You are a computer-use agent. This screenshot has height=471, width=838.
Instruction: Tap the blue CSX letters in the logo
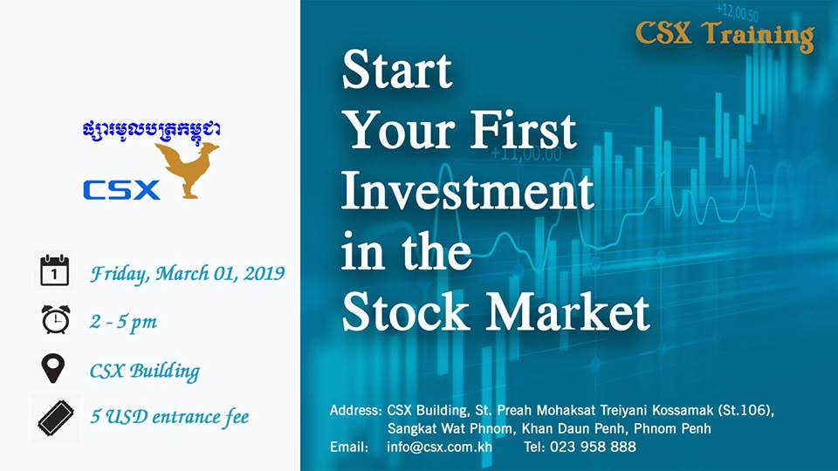pos(121,190)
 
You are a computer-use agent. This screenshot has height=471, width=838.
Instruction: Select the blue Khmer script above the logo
pos(152,131)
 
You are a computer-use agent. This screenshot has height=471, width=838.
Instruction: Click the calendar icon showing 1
pos(54,270)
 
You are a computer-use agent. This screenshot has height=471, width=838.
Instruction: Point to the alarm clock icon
pos(56,319)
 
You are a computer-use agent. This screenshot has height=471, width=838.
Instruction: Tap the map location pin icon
pos(53,368)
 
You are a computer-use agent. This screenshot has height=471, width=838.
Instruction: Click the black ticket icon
pos(56,418)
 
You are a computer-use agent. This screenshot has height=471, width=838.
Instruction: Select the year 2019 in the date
pos(264,273)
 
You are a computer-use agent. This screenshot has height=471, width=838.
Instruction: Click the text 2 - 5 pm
pos(123,322)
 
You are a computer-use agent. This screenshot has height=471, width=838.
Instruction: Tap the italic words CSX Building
pos(145,372)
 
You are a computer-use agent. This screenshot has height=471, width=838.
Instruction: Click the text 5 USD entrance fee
pos(169,417)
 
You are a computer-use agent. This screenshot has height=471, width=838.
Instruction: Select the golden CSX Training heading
pos(725,35)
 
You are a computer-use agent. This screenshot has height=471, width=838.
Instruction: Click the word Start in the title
pos(397,70)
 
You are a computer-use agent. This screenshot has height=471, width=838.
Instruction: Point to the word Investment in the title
pos(468,191)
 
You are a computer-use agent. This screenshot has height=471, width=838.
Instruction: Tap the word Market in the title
pos(567,312)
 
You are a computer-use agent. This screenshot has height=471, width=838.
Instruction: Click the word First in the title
pos(523,130)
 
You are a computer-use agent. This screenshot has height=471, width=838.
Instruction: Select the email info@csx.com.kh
pos(439,447)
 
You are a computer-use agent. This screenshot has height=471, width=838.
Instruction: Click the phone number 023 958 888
pos(593,447)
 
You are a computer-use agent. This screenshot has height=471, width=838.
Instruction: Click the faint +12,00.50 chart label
pos(737,11)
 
